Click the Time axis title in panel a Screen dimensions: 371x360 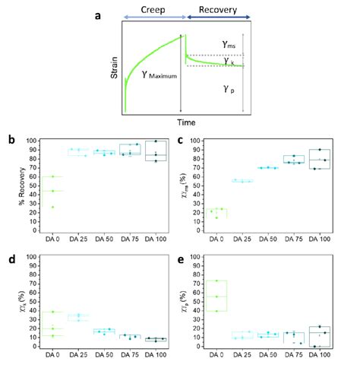click(182, 121)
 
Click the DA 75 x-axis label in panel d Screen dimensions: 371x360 click(129, 356)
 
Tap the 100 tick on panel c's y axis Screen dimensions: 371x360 click(203, 142)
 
